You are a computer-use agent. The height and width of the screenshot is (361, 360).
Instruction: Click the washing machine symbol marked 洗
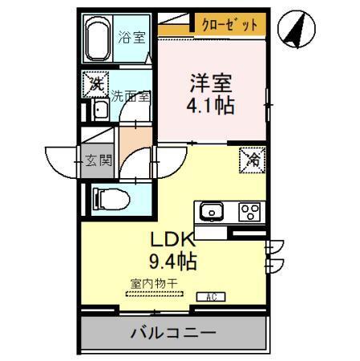click(x=96, y=83)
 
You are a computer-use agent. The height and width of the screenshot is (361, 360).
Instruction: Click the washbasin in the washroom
click(x=101, y=112)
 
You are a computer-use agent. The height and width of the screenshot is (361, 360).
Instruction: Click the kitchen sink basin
click(x=212, y=212)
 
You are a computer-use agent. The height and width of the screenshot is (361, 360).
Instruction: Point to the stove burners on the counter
click(x=249, y=212)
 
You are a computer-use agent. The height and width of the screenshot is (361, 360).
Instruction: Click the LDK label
click(x=171, y=239)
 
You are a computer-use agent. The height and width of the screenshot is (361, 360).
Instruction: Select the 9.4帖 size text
click(x=171, y=261)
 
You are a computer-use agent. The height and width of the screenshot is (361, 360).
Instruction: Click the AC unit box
click(x=209, y=296)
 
